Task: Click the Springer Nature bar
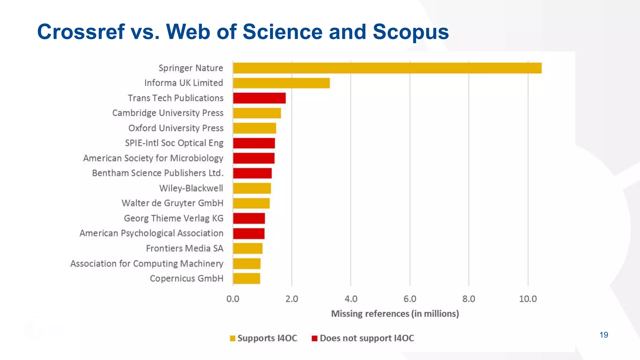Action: [387, 68]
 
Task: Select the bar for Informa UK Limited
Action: [281, 83]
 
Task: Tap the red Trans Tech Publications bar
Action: [259, 98]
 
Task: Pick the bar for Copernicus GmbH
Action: [246, 278]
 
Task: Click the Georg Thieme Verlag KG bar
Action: [249, 218]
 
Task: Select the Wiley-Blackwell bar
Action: [252, 188]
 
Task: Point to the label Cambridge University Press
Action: [168, 113]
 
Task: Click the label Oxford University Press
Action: [176, 128]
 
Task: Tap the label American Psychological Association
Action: [152, 233]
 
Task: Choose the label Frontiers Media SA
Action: [184, 248]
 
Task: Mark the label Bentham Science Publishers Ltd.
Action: [158, 173]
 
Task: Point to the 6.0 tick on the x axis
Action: [410, 299]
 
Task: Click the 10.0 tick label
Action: [528, 299]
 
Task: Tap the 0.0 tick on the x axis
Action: [233, 299]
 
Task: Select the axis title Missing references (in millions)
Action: [395, 314]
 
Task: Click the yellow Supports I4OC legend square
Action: [232, 338]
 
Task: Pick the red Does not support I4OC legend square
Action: [315, 338]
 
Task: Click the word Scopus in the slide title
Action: [411, 32]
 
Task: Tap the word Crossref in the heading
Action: [81, 32]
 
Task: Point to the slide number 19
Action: [604, 335]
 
